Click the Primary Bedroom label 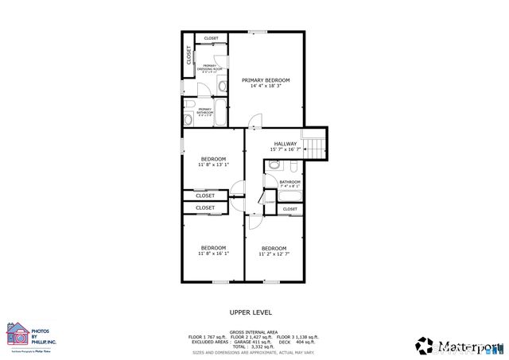point(266,80)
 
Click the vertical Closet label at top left point(188,54)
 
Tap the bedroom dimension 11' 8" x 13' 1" point(213,165)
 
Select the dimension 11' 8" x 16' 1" point(213,254)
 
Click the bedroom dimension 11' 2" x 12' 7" point(274,254)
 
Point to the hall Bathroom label point(289,182)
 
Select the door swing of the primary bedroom point(254,122)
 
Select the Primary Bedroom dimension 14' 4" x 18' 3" point(266,86)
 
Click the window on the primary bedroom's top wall point(256,32)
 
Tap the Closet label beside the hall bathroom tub point(289,209)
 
